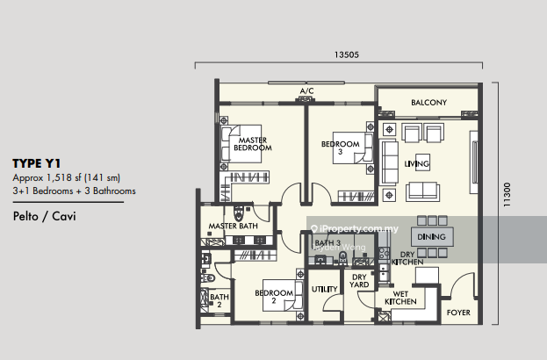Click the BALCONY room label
(x=428, y=102)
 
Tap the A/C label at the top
(x=306, y=91)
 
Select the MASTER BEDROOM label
(x=253, y=144)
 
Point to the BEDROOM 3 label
(x=340, y=148)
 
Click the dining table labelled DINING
(x=432, y=237)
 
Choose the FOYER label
(x=458, y=313)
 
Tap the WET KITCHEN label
(x=400, y=298)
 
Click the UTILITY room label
(x=325, y=289)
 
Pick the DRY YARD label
(x=359, y=281)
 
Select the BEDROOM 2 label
(x=274, y=297)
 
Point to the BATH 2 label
(x=220, y=300)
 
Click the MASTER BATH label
(x=233, y=226)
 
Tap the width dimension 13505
(x=347, y=54)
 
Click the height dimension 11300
(x=507, y=195)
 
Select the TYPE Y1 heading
(x=37, y=163)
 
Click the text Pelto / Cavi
(x=44, y=216)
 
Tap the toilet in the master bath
(x=239, y=212)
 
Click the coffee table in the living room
(x=422, y=162)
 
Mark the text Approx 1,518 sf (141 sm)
(x=66, y=178)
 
